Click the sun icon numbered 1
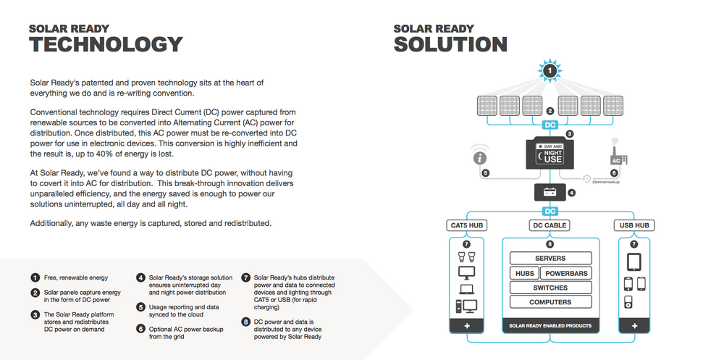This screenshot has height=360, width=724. click(550, 71)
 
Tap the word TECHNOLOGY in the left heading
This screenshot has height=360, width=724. click(106, 45)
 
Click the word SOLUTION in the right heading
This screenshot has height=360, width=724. click(450, 45)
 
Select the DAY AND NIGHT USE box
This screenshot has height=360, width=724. click(550, 153)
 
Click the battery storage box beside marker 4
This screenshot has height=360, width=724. click(550, 192)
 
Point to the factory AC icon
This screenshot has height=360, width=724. click(618, 154)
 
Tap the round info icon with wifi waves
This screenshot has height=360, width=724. click(480, 156)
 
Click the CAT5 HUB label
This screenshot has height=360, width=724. click(466, 225)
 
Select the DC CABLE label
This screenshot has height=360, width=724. click(550, 225)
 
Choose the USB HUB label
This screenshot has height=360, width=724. click(634, 225)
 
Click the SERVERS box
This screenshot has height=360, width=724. click(550, 259)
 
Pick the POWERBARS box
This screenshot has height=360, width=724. click(566, 273)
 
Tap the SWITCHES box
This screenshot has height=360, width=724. click(550, 288)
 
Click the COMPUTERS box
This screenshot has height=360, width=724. click(550, 302)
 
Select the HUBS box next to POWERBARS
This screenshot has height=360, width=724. click(524, 273)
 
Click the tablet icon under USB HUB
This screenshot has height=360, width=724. click(634, 262)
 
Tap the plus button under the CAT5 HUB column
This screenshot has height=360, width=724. click(467, 326)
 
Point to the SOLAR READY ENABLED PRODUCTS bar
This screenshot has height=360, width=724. click(550, 326)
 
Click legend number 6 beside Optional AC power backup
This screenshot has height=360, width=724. click(140, 329)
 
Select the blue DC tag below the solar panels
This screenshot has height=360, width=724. click(550, 125)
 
